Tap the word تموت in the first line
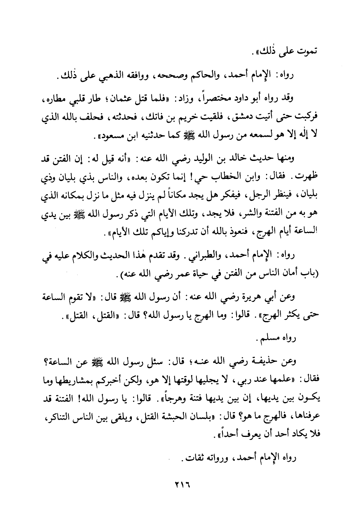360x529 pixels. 308,51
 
